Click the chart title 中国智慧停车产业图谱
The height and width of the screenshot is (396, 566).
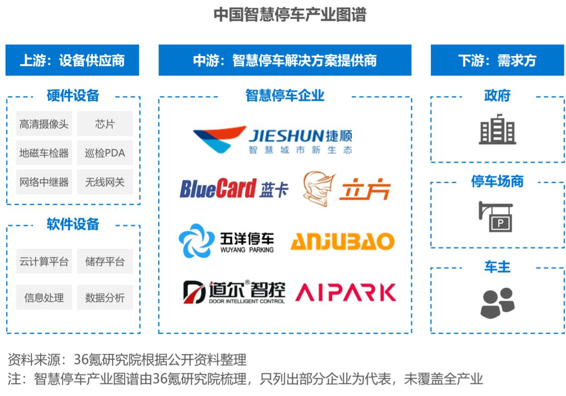click(290, 15)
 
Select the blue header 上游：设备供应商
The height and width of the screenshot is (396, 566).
click(72, 60)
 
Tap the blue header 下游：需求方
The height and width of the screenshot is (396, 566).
click(497, 60)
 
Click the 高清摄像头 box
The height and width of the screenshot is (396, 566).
click(44, 124)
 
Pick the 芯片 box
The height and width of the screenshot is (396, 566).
click(105, 124)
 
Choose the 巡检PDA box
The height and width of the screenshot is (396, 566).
click(105, 153)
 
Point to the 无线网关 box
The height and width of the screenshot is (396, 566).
click(105, 182)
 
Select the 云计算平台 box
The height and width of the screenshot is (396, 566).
click(44, 261)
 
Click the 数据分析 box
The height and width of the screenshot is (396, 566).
click(105, 298)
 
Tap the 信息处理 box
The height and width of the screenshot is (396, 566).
click(44, 298)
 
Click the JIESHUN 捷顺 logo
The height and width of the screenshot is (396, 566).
click(273, 139)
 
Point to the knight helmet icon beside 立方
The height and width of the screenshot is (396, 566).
click(318, 188)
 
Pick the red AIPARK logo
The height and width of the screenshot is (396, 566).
click(346, 293)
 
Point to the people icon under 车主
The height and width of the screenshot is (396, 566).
click(497, 302)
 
